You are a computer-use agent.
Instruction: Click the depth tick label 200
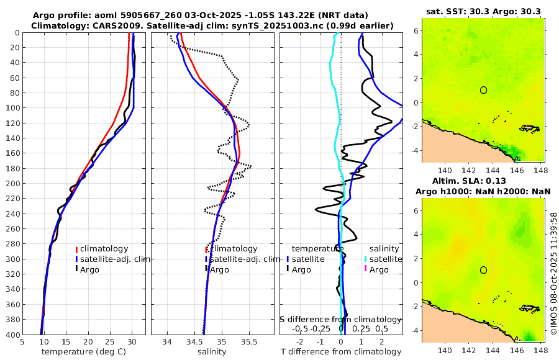(x=12, y=183)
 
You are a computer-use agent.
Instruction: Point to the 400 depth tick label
(x=12, y=335)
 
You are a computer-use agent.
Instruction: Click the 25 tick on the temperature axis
(x=110, y=342)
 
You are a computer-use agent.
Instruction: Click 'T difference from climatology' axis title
(x=340, y=352)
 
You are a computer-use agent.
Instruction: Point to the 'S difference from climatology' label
(x=340, y=319)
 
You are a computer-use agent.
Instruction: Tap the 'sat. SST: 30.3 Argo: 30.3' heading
(x=483, y=11)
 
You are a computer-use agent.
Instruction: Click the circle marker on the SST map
(x=483, y=90)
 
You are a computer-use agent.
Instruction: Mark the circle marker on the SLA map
(x=483, y=270)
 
